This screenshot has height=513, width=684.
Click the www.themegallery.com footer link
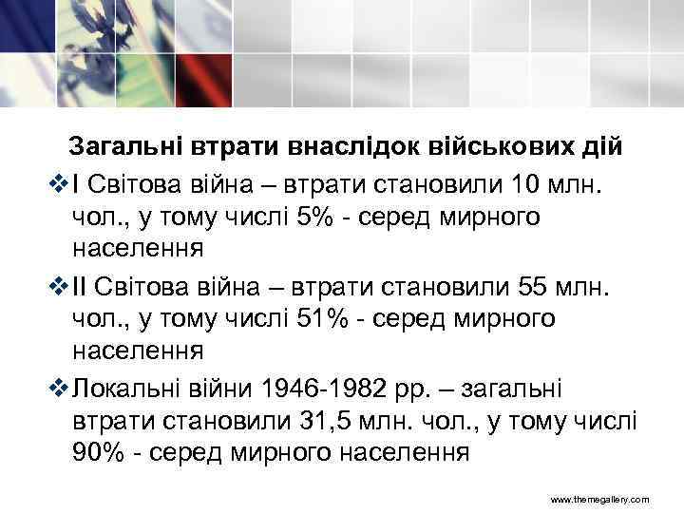(600, 499)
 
